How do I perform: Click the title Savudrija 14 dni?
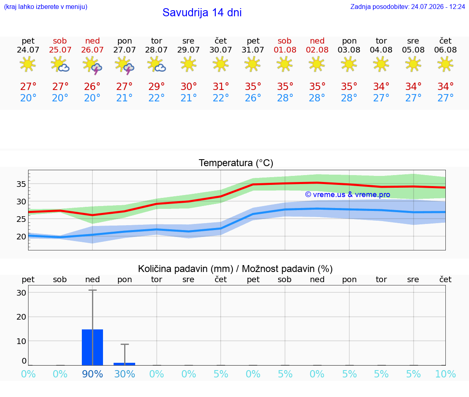click(x=202, y=13)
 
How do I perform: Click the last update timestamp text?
click(x=408, y=7)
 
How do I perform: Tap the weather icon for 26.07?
click(x=92, y=65)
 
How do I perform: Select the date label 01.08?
click(x=285, y=50)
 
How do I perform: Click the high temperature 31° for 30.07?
click(x=221, y=86)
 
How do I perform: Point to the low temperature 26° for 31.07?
click(x=253, y=98)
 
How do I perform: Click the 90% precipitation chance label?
click(x=92, y=374)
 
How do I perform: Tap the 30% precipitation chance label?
click(x=125, y=374)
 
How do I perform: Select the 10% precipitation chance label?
click(x=445, y=374)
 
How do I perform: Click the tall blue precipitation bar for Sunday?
click(x=92, y=347)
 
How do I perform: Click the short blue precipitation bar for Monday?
click(x=125, y=364)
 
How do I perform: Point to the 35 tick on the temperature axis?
click(x=21, y=184)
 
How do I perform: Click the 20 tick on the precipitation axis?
click(x=21, y=317)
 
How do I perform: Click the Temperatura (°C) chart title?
click(x=236, y=163)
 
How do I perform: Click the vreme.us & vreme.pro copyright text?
click(x=348, y=195)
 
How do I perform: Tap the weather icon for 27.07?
click(x=125, y=65)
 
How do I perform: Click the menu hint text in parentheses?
click(x=46, y=7)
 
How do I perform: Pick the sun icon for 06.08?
click(x=445, y=64)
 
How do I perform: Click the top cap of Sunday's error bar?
click(x=92, y=290)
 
